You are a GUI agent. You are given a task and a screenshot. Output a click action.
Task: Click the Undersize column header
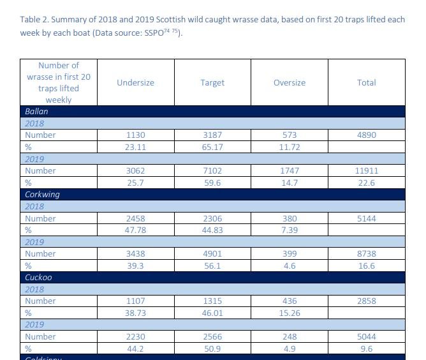(x=135, y=82)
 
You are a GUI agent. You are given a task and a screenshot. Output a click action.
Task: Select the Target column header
(x=212, y=82)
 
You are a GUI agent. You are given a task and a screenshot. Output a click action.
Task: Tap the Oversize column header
(x=290, y=82)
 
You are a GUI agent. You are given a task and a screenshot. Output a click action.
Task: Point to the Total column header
(x=366, y=82)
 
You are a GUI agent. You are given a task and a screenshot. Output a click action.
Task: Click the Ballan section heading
(x=36, y=111)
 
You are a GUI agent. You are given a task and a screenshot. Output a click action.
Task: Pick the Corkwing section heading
(x=42, y=194)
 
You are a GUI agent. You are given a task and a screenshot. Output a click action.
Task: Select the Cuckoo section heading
(x=38, y=278)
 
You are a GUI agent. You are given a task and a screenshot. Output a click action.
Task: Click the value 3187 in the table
(x=212, y=135)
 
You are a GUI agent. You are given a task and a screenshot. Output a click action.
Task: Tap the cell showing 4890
(x=366, y=135)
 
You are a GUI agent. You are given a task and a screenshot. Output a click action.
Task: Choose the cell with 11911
(x=366, y=170)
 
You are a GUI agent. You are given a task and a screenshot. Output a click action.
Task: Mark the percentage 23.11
(x=135, y=147)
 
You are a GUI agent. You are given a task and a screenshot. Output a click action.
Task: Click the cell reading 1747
(x=290, y=170)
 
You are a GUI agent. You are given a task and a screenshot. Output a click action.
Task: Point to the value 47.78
(x=135, y=230)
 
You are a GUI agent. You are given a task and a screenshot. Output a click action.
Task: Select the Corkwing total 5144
(x=366, y=218)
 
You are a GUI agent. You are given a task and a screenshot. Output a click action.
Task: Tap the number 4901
(x=212, y=253)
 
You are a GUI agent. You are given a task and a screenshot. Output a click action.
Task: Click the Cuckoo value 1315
(x=212, y=301)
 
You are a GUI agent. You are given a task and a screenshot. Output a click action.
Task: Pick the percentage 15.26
(x=290, y=313)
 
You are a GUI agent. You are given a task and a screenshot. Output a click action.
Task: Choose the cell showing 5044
(x=366, y=336)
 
